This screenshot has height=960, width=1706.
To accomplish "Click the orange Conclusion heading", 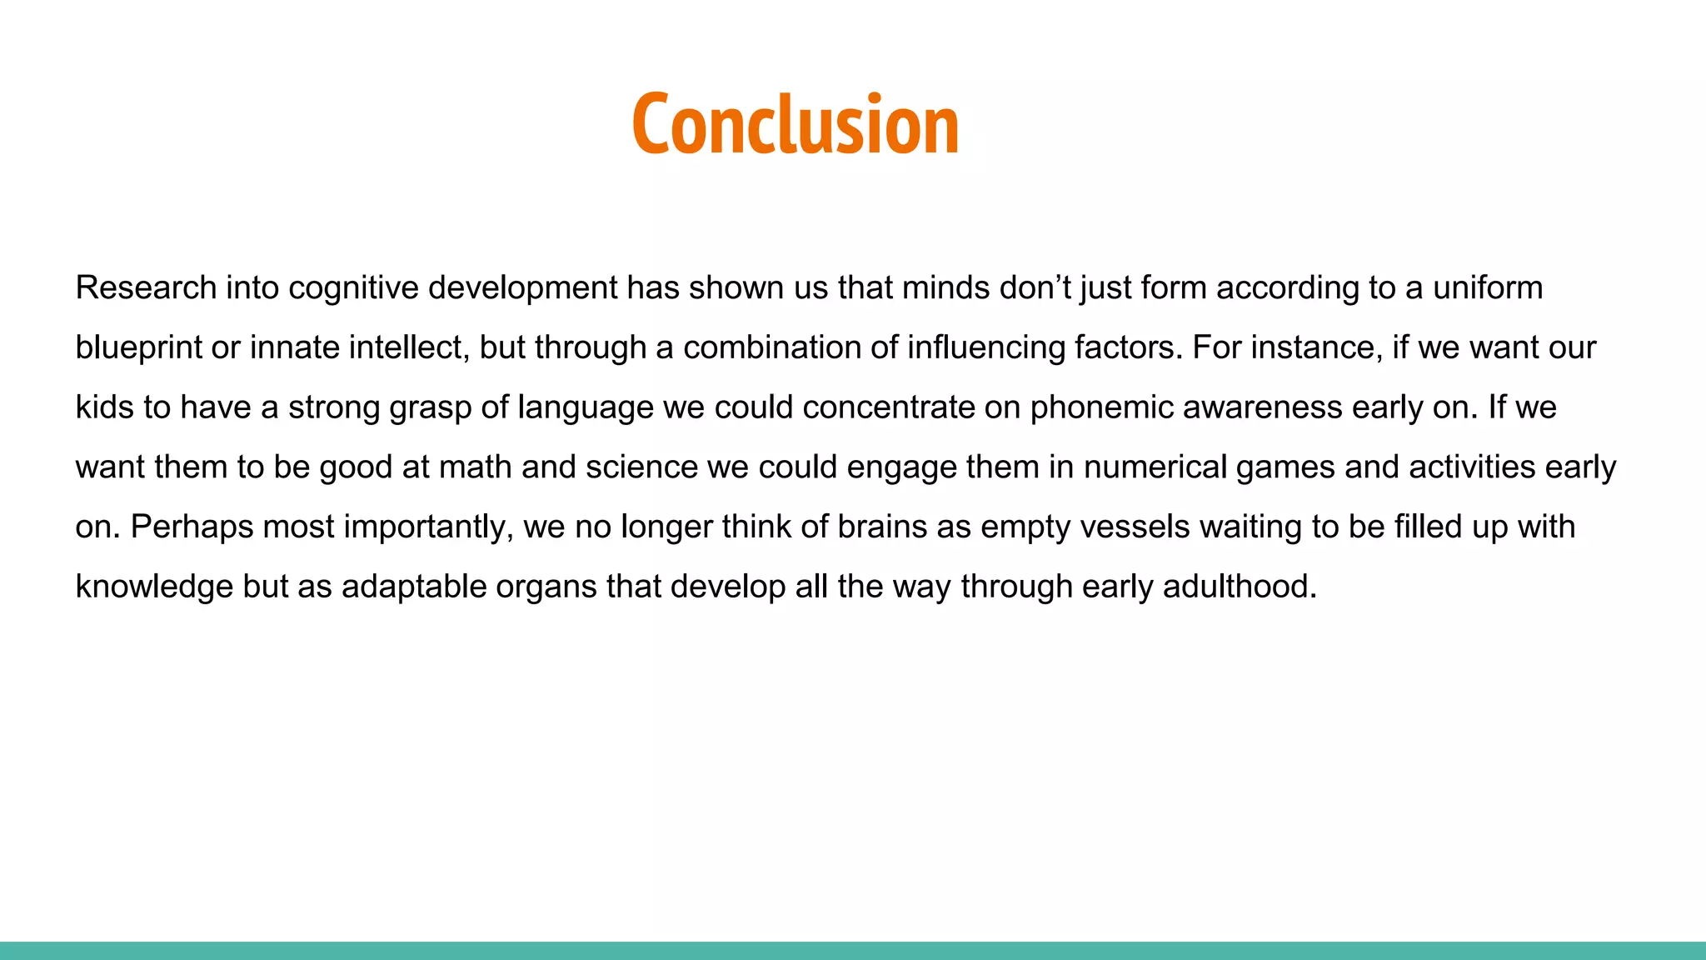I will click(x=796, y=124).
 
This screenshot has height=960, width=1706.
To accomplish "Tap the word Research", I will click(x=146, y=287).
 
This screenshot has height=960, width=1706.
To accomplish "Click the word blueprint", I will click(x=137, y=347).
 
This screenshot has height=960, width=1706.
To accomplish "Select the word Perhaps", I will click(x=192, y=527).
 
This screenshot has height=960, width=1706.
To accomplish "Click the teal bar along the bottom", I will click(x=853, y=950).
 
